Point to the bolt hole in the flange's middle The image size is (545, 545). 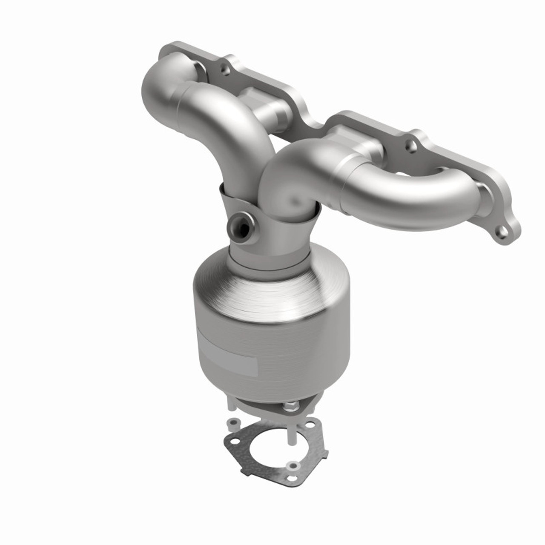pyautogui.click(x=410, y=146)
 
